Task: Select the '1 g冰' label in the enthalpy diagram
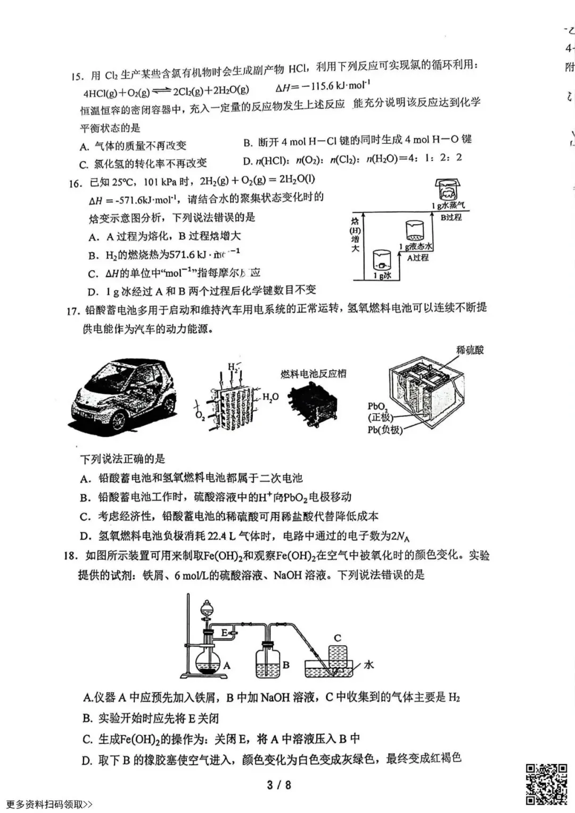point(382,275)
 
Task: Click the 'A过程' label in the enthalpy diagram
point(417,258)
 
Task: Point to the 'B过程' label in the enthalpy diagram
point(450,217)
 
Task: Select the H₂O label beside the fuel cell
point(270,397)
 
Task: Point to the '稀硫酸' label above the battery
point(470,350)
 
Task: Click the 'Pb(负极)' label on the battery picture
point(385,430)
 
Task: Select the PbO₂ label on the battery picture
point(377,407)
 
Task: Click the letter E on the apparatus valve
point(224,632)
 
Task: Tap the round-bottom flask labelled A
point(208,663)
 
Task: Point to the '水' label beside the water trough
point(368,664)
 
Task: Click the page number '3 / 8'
point(279,785)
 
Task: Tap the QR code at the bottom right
point(546,783)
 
